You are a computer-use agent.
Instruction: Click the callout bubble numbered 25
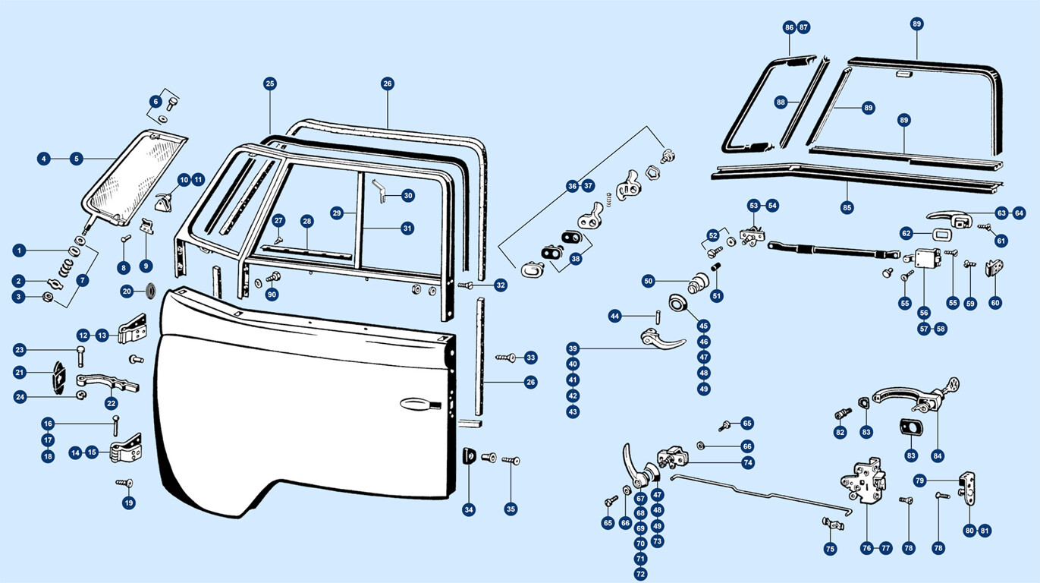point(270,84)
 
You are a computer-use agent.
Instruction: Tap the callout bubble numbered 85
point(847,206)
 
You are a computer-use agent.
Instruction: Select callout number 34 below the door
point(469,509)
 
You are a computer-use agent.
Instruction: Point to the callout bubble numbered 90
point(272,295)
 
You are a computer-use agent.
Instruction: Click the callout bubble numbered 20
point(127,291)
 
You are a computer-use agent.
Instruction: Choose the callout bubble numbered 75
point(830,548)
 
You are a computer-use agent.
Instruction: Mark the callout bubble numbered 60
point(995,303)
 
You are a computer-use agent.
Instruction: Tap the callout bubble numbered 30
point(408,196)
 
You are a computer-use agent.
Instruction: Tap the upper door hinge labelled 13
point(131,328)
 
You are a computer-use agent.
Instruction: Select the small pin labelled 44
point(655,314)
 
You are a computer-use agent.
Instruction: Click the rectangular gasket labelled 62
point(939,233)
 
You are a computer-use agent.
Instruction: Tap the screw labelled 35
point(509,460)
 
